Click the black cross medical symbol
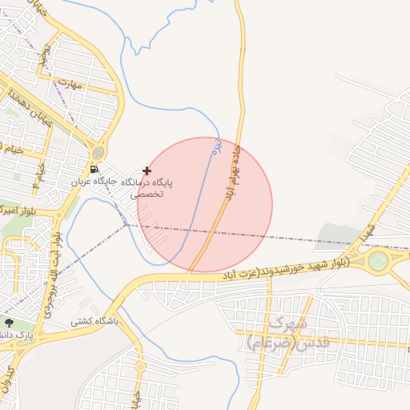click(147, 171)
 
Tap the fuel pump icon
click(95, 169)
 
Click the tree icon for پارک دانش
click(9, 323)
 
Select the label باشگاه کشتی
click(94, 321)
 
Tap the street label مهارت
click(74, 82)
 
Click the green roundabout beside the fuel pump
click(98, 152)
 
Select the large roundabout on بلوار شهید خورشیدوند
click(378, 260)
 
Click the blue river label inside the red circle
click(215, 147)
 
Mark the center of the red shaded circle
click(205, 204)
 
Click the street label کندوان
click(10, 376)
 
